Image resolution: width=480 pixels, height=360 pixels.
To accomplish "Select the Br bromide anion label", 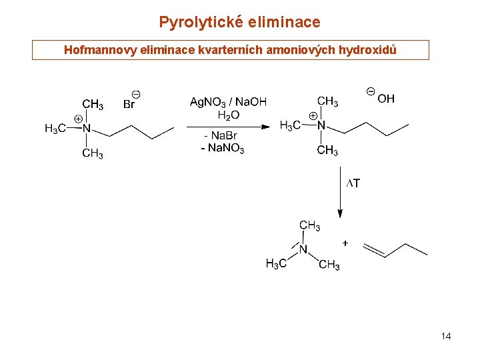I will click(129, 104).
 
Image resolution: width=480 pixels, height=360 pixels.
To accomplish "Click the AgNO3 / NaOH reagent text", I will click(228, 102).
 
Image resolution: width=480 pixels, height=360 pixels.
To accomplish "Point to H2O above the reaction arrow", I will click(229, 115).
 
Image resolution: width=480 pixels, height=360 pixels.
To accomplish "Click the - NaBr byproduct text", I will click(221, 136).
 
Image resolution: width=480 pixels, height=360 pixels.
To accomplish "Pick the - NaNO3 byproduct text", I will click(223, 148).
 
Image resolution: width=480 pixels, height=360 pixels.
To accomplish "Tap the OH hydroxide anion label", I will click(385, 99).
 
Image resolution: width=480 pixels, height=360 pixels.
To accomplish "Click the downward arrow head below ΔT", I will click(340, 213).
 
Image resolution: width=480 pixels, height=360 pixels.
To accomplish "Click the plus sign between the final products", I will click(345, 243).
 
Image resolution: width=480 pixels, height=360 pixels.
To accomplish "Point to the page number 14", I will click(446, 336).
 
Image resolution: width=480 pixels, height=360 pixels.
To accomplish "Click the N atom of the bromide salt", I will click(86, 128).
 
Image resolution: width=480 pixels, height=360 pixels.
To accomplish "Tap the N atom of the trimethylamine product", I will click(303, 250).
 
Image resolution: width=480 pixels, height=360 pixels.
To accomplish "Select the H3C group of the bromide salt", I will click(55, 129).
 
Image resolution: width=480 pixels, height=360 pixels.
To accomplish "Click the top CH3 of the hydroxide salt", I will click(327, 101).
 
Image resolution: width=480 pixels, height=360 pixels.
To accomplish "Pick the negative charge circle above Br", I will click(136, 94).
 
